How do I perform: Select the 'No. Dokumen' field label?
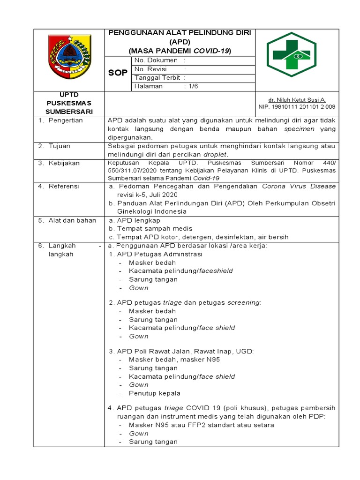[x=156, y=60]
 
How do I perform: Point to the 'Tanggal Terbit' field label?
[x=158, y=78]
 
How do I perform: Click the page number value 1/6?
[x=191, y=86]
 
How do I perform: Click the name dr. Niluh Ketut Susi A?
[x=297, y=100]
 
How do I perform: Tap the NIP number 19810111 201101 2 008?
[x=297, y=107]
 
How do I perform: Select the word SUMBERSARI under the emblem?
[x=69, y=111]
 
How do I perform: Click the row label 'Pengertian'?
[x=66, y=120]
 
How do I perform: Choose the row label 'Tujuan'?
[x=60, y=146]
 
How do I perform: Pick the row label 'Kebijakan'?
[x=64, y=163]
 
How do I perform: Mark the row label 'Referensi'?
[x=64, y=187]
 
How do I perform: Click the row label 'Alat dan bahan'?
[x=72, y=220]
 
